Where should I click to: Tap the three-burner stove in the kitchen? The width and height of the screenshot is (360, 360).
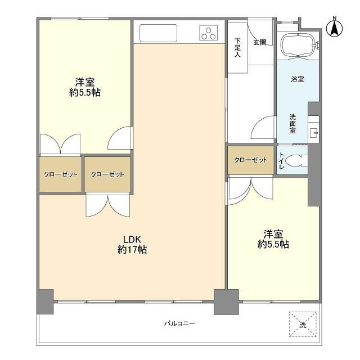[208, 33]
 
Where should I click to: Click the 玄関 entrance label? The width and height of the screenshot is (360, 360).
[259, 42]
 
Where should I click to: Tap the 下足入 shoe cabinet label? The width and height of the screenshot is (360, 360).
[237, 48]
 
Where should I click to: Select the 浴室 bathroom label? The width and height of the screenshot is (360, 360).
[298, 79]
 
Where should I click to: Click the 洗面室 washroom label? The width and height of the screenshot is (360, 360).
[293, 123]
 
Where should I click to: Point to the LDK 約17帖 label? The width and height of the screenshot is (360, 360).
[132, 244]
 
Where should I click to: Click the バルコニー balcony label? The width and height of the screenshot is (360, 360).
[179, 323]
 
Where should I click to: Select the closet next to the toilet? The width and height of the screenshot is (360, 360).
[251, 160]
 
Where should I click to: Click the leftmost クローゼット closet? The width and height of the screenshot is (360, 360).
[60, 174]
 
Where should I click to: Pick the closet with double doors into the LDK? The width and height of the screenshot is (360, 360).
[107, 174]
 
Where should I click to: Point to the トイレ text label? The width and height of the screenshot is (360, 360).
[281, 161]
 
